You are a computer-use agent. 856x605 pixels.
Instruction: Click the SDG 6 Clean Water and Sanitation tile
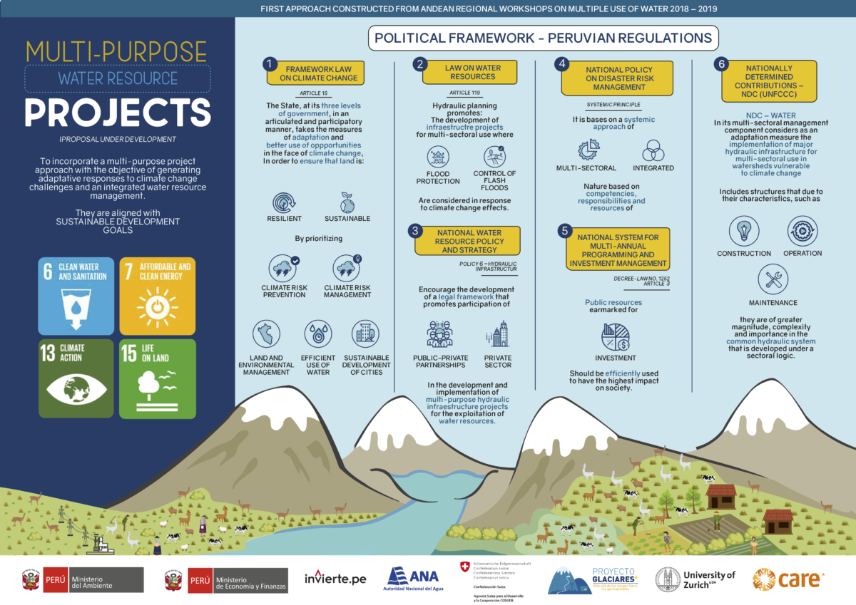pyautogui.click(x=76, y=296)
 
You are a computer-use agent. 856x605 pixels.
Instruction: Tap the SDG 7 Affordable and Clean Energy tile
pyautogui.click(x=156, y=296)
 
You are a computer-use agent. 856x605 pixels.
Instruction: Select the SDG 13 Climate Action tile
pyautogui.click(x=76, y=378)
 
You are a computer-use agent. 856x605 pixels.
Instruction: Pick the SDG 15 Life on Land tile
pyautogui.click(x=156, y=378)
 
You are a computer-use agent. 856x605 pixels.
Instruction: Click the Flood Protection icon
pyautogui.click(x=438, y=157)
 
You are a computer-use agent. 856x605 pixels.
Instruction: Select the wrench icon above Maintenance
pyautogui.click(x=773, y=279)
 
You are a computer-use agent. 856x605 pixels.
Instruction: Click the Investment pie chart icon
pyautogui.click(x=614, y=336)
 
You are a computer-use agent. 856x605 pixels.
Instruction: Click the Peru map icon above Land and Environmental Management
pyautogui.click(x=266, y=333)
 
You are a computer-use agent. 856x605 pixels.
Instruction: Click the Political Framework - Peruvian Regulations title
pyautogui.click(x=543, y=38)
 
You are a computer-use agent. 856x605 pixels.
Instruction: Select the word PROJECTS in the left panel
pyautogui.click(x=118, y=111)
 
